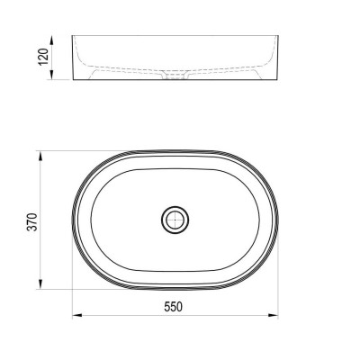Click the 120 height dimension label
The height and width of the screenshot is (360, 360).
coord(43,57)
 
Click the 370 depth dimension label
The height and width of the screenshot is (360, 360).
coord(32,222)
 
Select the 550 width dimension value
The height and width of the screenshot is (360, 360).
coord(173,307)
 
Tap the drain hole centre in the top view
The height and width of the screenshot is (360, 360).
coord(175,220)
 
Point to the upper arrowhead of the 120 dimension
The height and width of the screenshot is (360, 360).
coord(51,40)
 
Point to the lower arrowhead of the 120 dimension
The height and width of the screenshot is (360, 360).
coord(51,75)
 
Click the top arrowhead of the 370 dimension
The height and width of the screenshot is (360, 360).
coord(40,157)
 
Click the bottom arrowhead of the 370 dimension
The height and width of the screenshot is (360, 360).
coord(40,284)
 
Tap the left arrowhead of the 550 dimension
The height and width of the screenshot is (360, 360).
coord(77,315)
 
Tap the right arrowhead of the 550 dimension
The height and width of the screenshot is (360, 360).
coord(273,315)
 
